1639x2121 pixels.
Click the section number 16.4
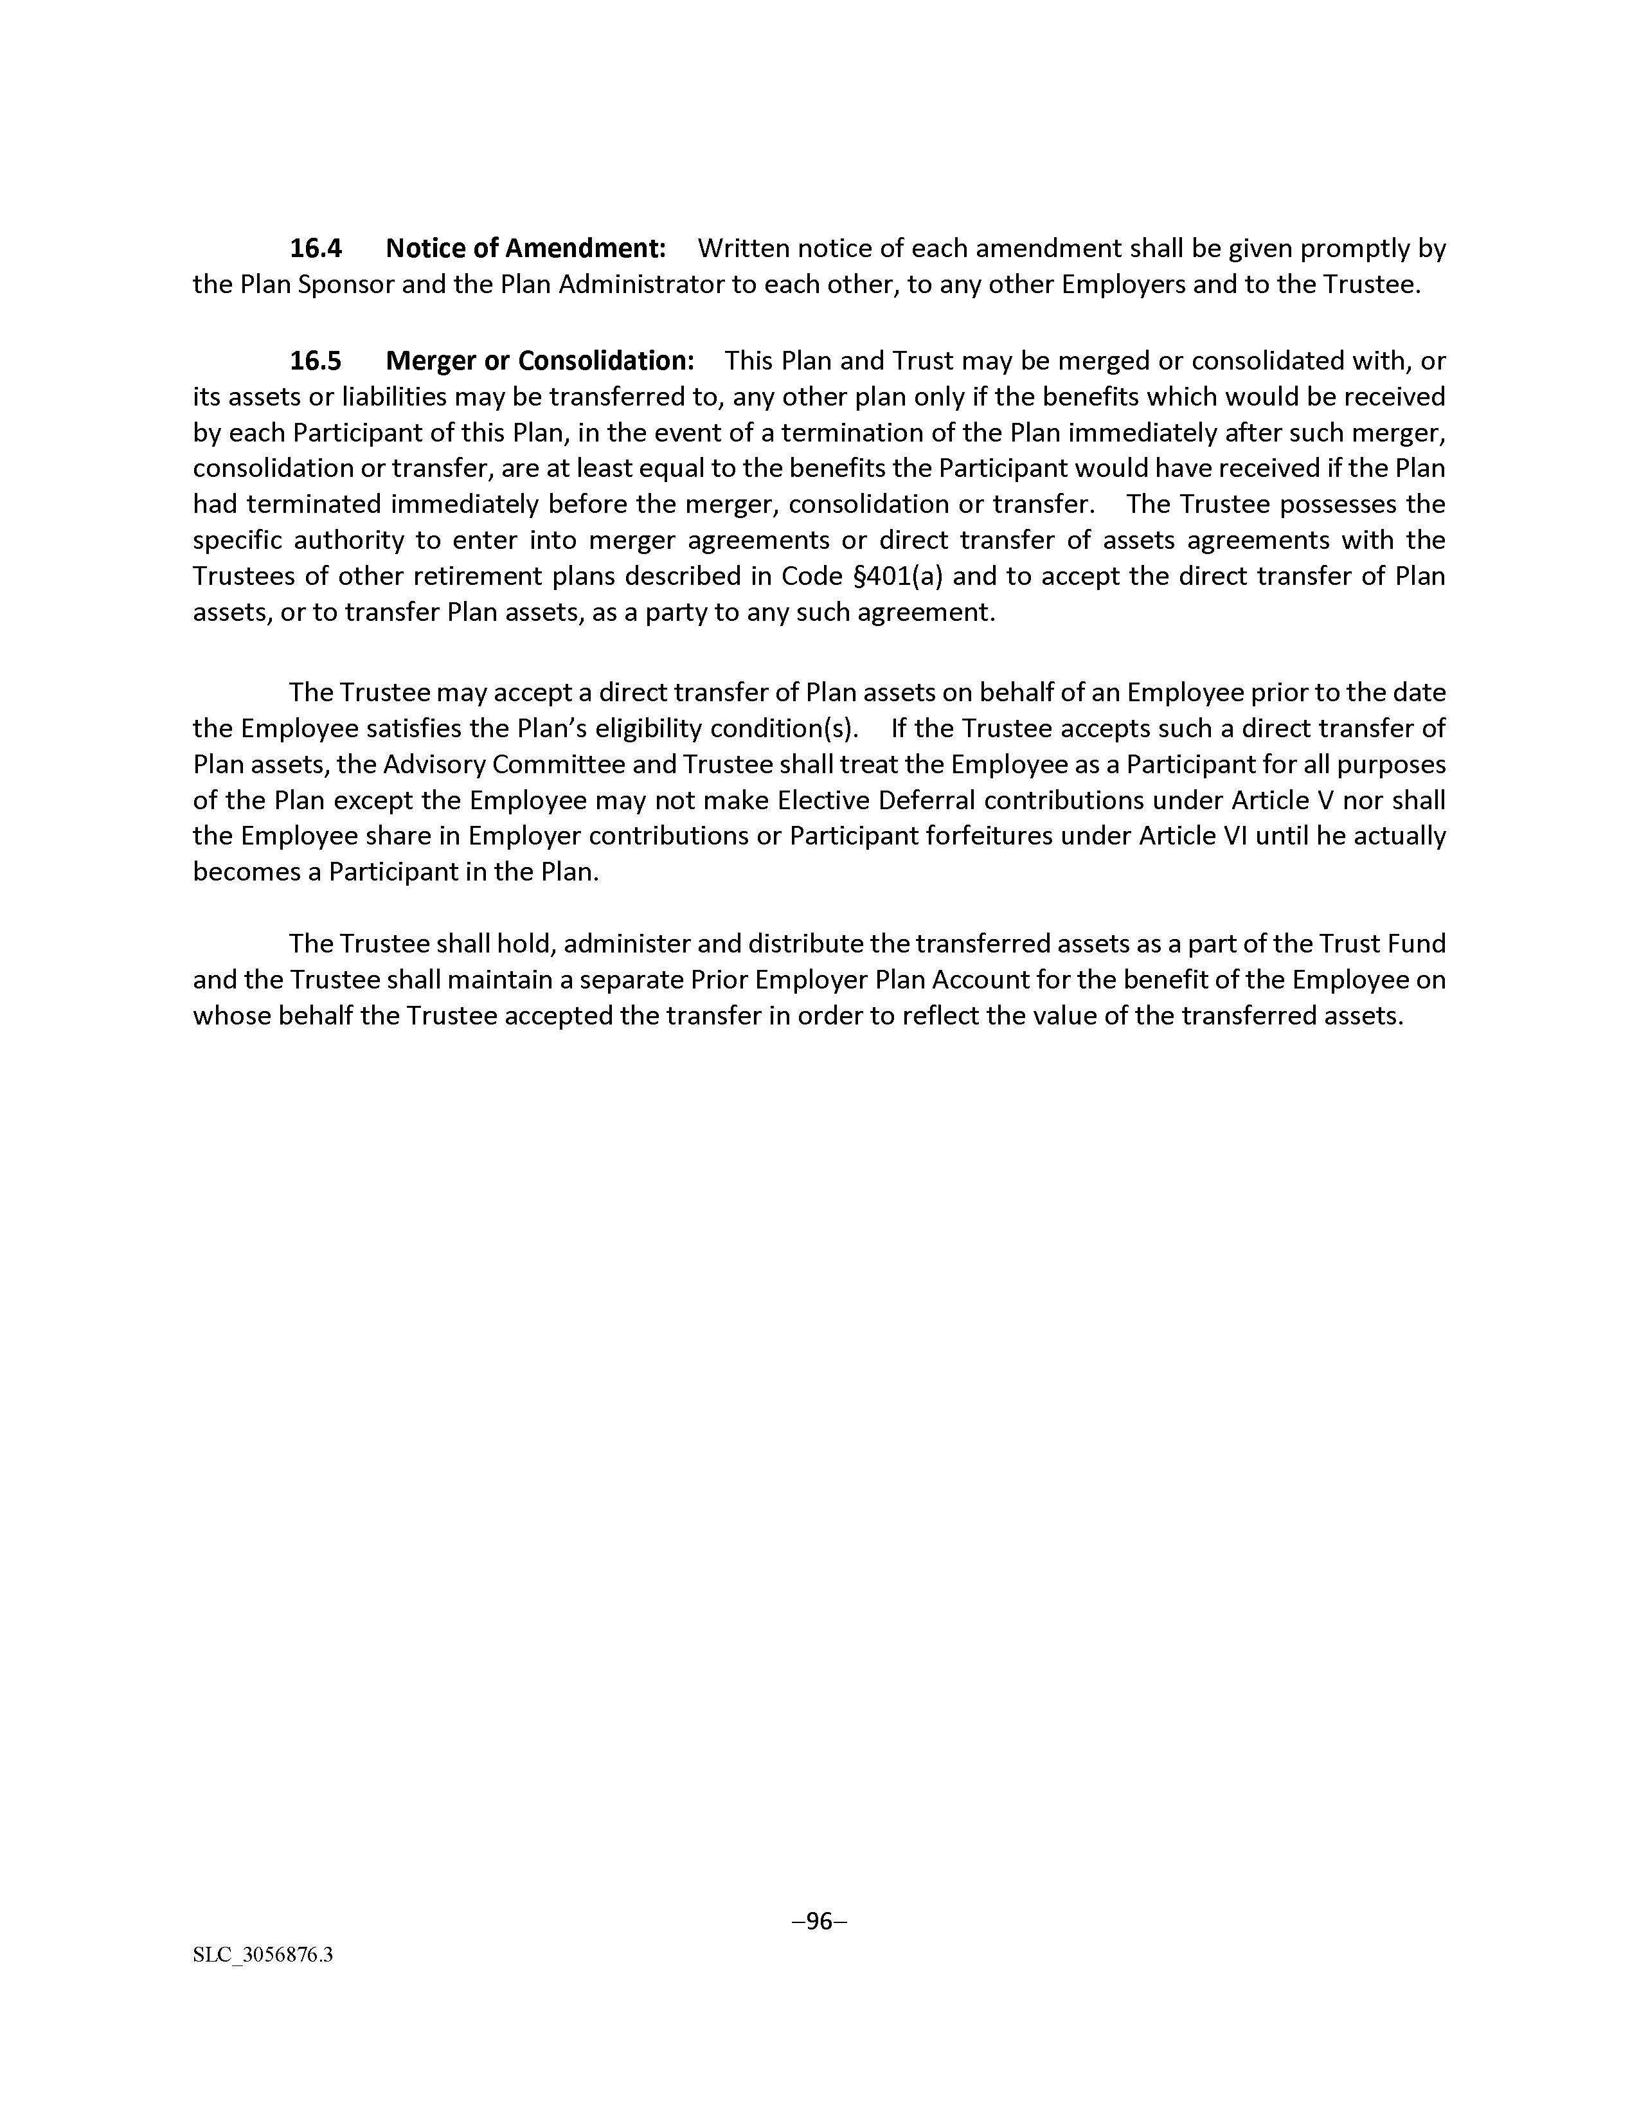click(x=316, y=249)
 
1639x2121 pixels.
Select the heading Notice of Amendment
click(x=525, y=249)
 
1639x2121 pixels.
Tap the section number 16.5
click(x=316, y=361)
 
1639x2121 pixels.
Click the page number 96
click(x=819, y=1921)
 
